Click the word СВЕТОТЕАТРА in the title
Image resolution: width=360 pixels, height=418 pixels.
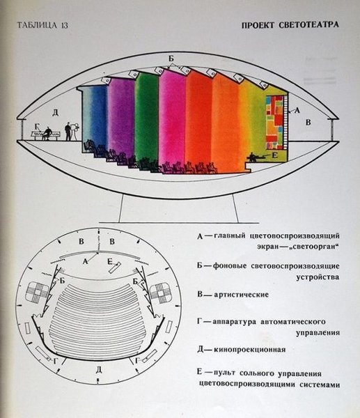[306, 25]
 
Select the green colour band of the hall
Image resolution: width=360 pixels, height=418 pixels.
[146, 118]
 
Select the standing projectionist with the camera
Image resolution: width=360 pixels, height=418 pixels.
[69, 130]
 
